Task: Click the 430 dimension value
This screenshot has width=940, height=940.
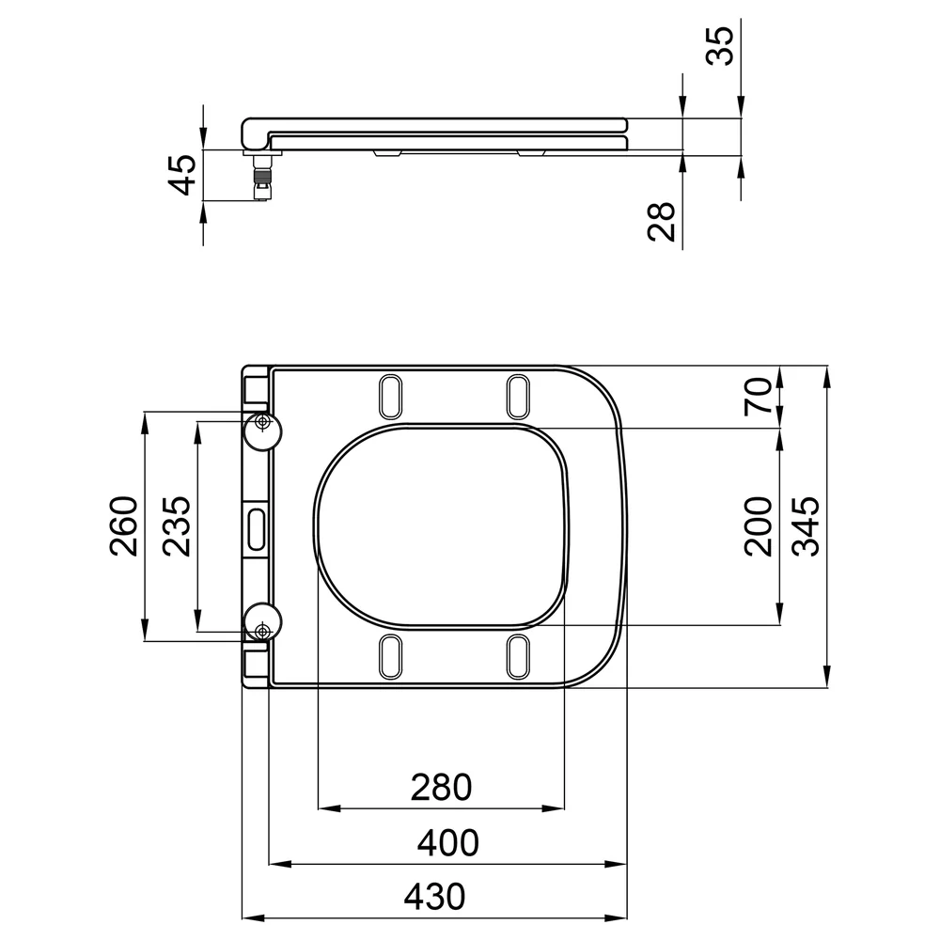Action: [x=434, y=897]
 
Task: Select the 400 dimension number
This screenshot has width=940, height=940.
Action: [x=447, y=843]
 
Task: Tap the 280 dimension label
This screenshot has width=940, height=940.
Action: [x=441, y=787]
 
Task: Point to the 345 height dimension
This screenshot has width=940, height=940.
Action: [x=806, y=526]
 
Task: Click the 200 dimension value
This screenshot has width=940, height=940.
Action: [x=758, y=526]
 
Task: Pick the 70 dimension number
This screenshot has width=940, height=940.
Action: [x=758, y=397]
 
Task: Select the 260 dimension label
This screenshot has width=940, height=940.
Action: [x=124, y=526]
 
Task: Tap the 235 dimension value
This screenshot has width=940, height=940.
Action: [x=177, y=526]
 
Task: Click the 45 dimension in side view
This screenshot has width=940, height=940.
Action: [x=181, y=175]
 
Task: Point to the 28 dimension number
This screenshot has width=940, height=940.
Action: [x=661, y=221]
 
